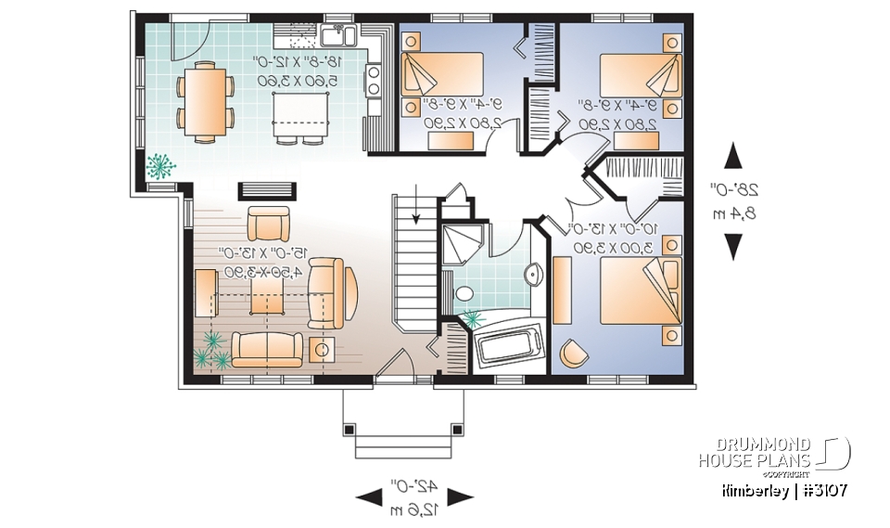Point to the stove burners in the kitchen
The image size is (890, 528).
pos(373,79)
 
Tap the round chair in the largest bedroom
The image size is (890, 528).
pos(574,353)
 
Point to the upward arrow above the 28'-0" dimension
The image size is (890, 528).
pos(732,155)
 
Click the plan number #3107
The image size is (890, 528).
pos(820,489)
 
